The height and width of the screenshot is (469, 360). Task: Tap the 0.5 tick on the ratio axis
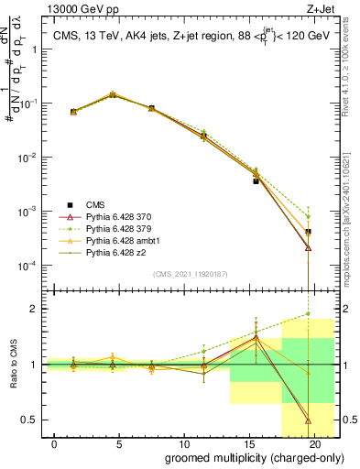point(33,420)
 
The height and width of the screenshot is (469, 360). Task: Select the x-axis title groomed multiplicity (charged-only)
point(241,458)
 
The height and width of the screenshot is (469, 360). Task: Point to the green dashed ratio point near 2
point(308,314)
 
